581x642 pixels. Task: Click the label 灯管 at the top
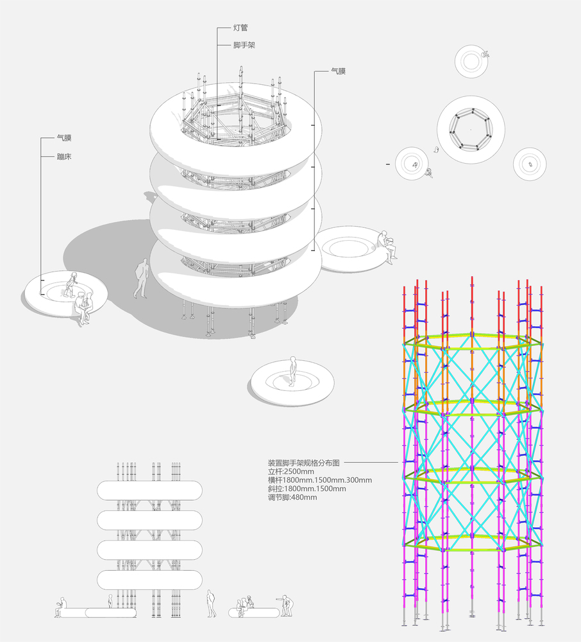241,28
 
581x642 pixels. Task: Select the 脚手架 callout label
245,46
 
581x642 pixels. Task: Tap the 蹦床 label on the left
63,156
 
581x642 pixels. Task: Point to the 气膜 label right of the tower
338,72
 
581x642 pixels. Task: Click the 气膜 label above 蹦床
63,138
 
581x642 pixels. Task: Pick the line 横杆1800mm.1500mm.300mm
319,480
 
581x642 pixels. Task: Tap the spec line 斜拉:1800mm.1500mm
307,489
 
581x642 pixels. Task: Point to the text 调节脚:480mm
292,498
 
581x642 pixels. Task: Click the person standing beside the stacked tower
140,279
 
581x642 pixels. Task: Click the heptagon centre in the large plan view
471,131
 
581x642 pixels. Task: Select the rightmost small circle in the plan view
530,164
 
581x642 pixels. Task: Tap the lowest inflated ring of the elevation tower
150,580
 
